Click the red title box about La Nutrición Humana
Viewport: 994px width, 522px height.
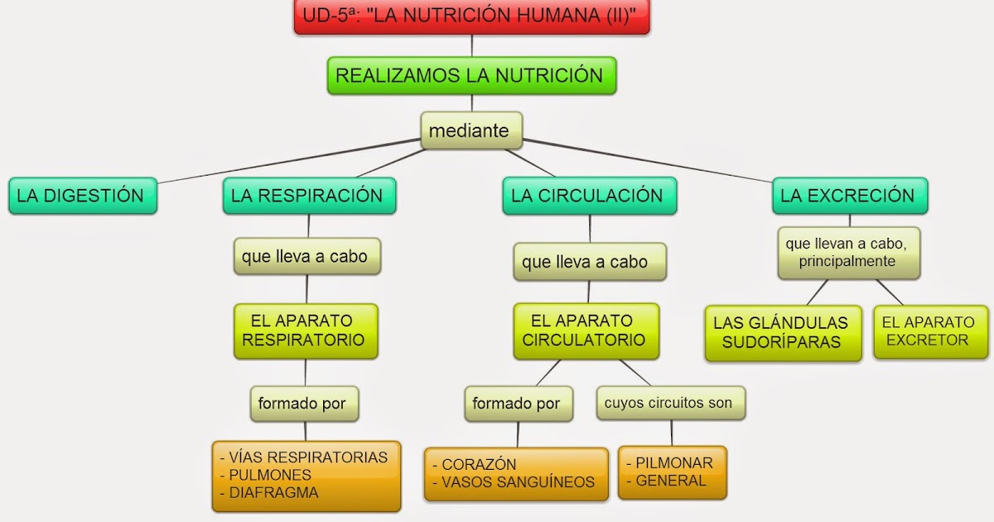coord(471,17)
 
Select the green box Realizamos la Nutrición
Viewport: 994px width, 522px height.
coord(470,76)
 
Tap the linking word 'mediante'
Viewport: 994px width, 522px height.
coord(470,131)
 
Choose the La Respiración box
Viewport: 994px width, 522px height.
coord(308,196)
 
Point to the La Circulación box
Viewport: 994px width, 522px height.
coord(588,196)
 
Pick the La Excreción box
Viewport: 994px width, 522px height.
coord(849,196)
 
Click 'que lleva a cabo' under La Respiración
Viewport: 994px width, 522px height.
coord(306,257)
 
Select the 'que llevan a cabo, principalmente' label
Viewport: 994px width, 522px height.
coord(848,253)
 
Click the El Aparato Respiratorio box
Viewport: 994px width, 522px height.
coord(305,331)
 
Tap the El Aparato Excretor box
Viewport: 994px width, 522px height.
coord(929,331)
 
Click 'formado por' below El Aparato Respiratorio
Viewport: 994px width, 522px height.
coord(303,404)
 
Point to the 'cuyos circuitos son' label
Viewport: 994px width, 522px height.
coord(669,404)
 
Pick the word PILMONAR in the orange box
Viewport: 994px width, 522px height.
coord(673,463)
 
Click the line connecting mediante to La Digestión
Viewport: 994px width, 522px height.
coord(290,162)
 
